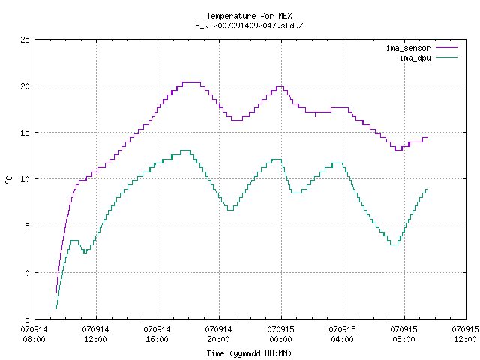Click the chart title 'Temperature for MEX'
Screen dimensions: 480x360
[x=249, y=16]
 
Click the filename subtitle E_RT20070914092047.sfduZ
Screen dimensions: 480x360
[x=249, y=25]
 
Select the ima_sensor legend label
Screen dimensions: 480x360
[x=408, y=48]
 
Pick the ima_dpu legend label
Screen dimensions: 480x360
[x=415, y=58]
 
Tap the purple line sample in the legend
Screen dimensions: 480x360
[x=447, y=48]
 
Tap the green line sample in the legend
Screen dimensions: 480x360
[x=447, y=57]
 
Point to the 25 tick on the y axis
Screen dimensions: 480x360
[x=25, y=40]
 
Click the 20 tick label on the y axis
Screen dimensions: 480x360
[x=25, y=86]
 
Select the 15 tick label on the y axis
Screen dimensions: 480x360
[x=25, y=133]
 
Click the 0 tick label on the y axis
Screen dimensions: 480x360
[x=27, y=273]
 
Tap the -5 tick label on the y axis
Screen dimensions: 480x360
[x=25, y=319]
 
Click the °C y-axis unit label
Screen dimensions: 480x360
[x=9, y=180]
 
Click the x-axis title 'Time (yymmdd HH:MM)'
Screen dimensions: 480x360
[x=249, y=353]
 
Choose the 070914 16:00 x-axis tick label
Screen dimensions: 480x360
[x=157, y=334]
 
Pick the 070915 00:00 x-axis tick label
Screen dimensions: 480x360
[x=280, y=334]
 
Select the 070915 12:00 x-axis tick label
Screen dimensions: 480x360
[x=465, y=334]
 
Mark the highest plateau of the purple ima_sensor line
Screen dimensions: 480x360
[x=191, y=82]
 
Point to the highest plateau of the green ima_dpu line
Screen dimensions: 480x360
[x=185, y=150]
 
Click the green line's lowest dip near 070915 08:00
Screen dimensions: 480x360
[x=394, y=244]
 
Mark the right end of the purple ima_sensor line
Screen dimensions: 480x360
[x=427, y=138]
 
